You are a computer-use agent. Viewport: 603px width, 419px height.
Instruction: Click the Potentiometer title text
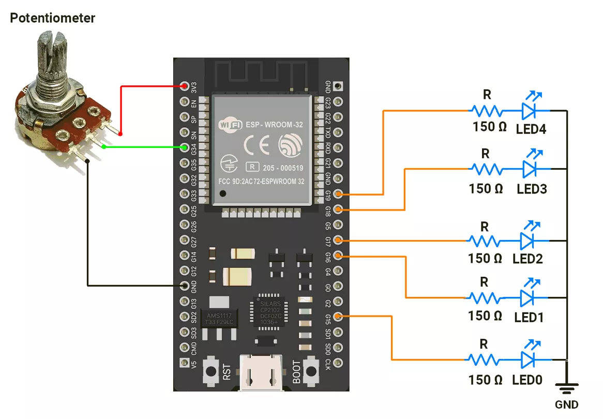pos(53,18)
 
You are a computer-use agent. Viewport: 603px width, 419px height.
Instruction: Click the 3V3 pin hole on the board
pos(185,85)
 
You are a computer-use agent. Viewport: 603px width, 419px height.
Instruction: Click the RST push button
pos(212,370)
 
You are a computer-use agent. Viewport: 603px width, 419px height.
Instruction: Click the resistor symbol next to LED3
pos(485,169)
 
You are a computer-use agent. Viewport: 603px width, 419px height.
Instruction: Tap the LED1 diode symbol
pos(527,297)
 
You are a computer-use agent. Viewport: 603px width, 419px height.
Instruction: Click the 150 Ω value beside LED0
pos(485,380)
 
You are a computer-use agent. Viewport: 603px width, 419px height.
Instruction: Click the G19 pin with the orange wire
pos(338,194)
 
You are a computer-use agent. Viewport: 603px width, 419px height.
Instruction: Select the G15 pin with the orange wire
pos(338,317)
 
